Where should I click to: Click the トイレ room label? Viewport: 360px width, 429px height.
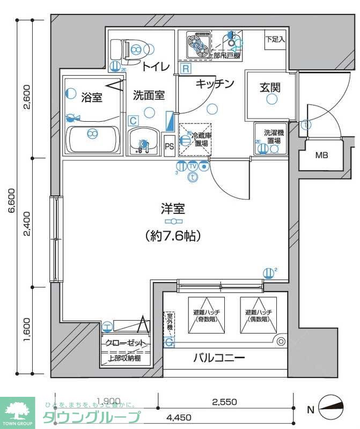click(157, 66)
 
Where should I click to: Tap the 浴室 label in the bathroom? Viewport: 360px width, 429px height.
click(91, 97)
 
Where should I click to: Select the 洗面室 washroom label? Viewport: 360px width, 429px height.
click(149, 95)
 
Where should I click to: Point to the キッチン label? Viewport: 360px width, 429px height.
click(215, 84)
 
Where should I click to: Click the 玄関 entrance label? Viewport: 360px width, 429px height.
click(271, 87)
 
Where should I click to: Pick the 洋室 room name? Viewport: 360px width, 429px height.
click(172, 209)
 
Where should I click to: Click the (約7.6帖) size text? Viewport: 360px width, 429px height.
click(172, 235)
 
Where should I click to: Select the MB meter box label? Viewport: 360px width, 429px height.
click(321, 156)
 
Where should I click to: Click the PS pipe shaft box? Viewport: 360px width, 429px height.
click(169, 145)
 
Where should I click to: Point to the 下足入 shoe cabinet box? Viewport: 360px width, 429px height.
click(275, 40)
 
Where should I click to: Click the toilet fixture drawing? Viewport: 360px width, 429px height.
click(129, 50)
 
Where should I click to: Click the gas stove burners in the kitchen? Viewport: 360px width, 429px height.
click(197, 44)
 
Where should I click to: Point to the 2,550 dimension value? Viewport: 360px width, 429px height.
click(225, 402)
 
